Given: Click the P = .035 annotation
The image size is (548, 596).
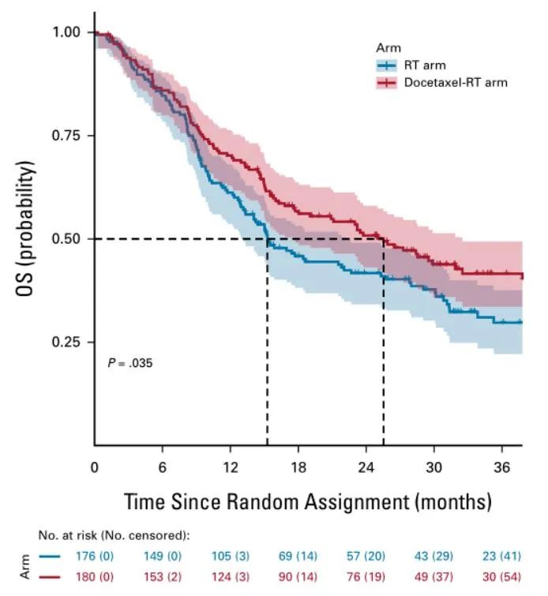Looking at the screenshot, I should pos(129,364).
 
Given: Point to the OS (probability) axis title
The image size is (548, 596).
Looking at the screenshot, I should pos(25,229).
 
